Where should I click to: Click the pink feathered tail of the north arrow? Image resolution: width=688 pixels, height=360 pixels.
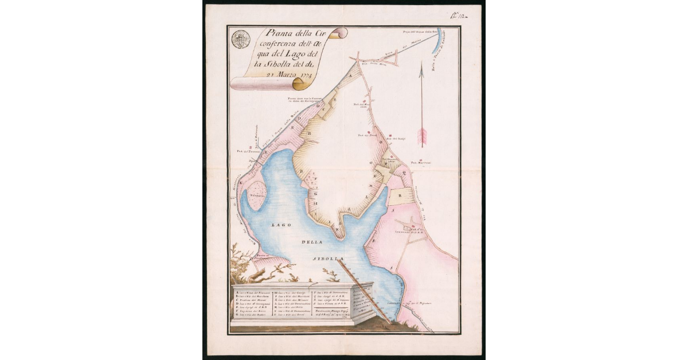(x=423, y=136)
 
